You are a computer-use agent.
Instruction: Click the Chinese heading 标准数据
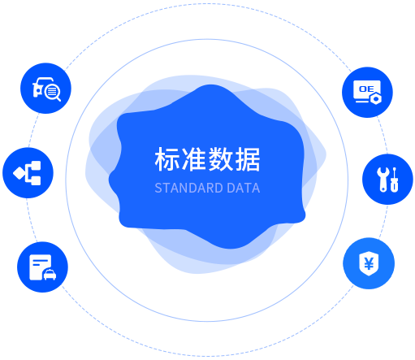click(x=207, y=159)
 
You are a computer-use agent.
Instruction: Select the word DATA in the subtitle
click(x=244, y=188)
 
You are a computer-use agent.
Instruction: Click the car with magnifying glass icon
click(x=45, y=89)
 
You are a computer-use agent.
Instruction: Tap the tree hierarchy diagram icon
click(x=28, y=173)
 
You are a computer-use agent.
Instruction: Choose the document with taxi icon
click(x=42, y=267)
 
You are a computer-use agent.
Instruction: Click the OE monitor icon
click(x=367, y=93)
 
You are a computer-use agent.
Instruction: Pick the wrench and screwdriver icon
click(x=387, y=180)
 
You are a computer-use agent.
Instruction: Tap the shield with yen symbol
click(x=369, y=263)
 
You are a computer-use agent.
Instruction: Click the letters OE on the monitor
click(x=366, y=89)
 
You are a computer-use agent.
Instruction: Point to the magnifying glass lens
click(x=52, y=92)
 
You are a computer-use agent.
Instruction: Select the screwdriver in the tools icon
click(x=395, y=180)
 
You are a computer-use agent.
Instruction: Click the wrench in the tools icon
click(x=383, y=180)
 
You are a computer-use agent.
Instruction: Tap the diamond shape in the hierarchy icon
click(x=19, y=173)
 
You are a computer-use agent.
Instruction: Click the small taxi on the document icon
click(x=50, y=275)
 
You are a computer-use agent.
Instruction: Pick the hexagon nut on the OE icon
click(x=376, y=99)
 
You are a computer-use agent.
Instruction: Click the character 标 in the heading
click(x=166, y=159)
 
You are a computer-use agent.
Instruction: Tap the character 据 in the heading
click(x=248, y=159)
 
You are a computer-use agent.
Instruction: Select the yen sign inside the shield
click(x=369, y=263)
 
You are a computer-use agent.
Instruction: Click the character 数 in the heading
click(x=221, y=159)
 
